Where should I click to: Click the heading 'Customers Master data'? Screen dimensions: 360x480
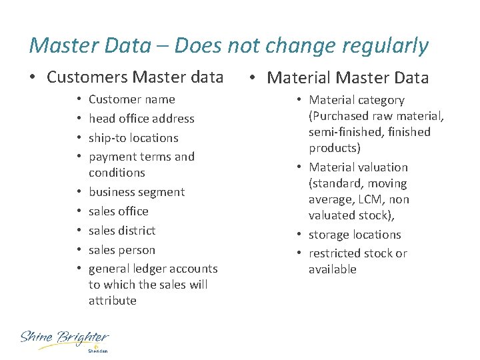pos(135,77)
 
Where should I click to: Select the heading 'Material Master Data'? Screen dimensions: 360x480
pos(348,78)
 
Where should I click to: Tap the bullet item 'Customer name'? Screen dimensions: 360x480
pos(131,99)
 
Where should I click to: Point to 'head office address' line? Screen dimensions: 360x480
pos(141,119)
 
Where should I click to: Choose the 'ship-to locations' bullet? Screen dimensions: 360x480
pos(133,138)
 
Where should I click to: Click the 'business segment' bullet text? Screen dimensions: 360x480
pos(137,192)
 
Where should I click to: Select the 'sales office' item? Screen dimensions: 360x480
pos(119,211)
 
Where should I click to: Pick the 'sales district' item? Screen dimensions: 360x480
pos(122,231)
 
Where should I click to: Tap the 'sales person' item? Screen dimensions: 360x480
pos(122,250)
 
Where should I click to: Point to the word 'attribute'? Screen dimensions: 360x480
pos(112,301)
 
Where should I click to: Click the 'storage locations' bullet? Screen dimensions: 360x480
pos(355,235)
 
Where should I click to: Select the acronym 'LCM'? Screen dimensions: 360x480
pos(372,199)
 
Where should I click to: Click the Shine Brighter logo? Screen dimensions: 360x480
pos(65,339)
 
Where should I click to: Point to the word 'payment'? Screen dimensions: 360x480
pos(110,157)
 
